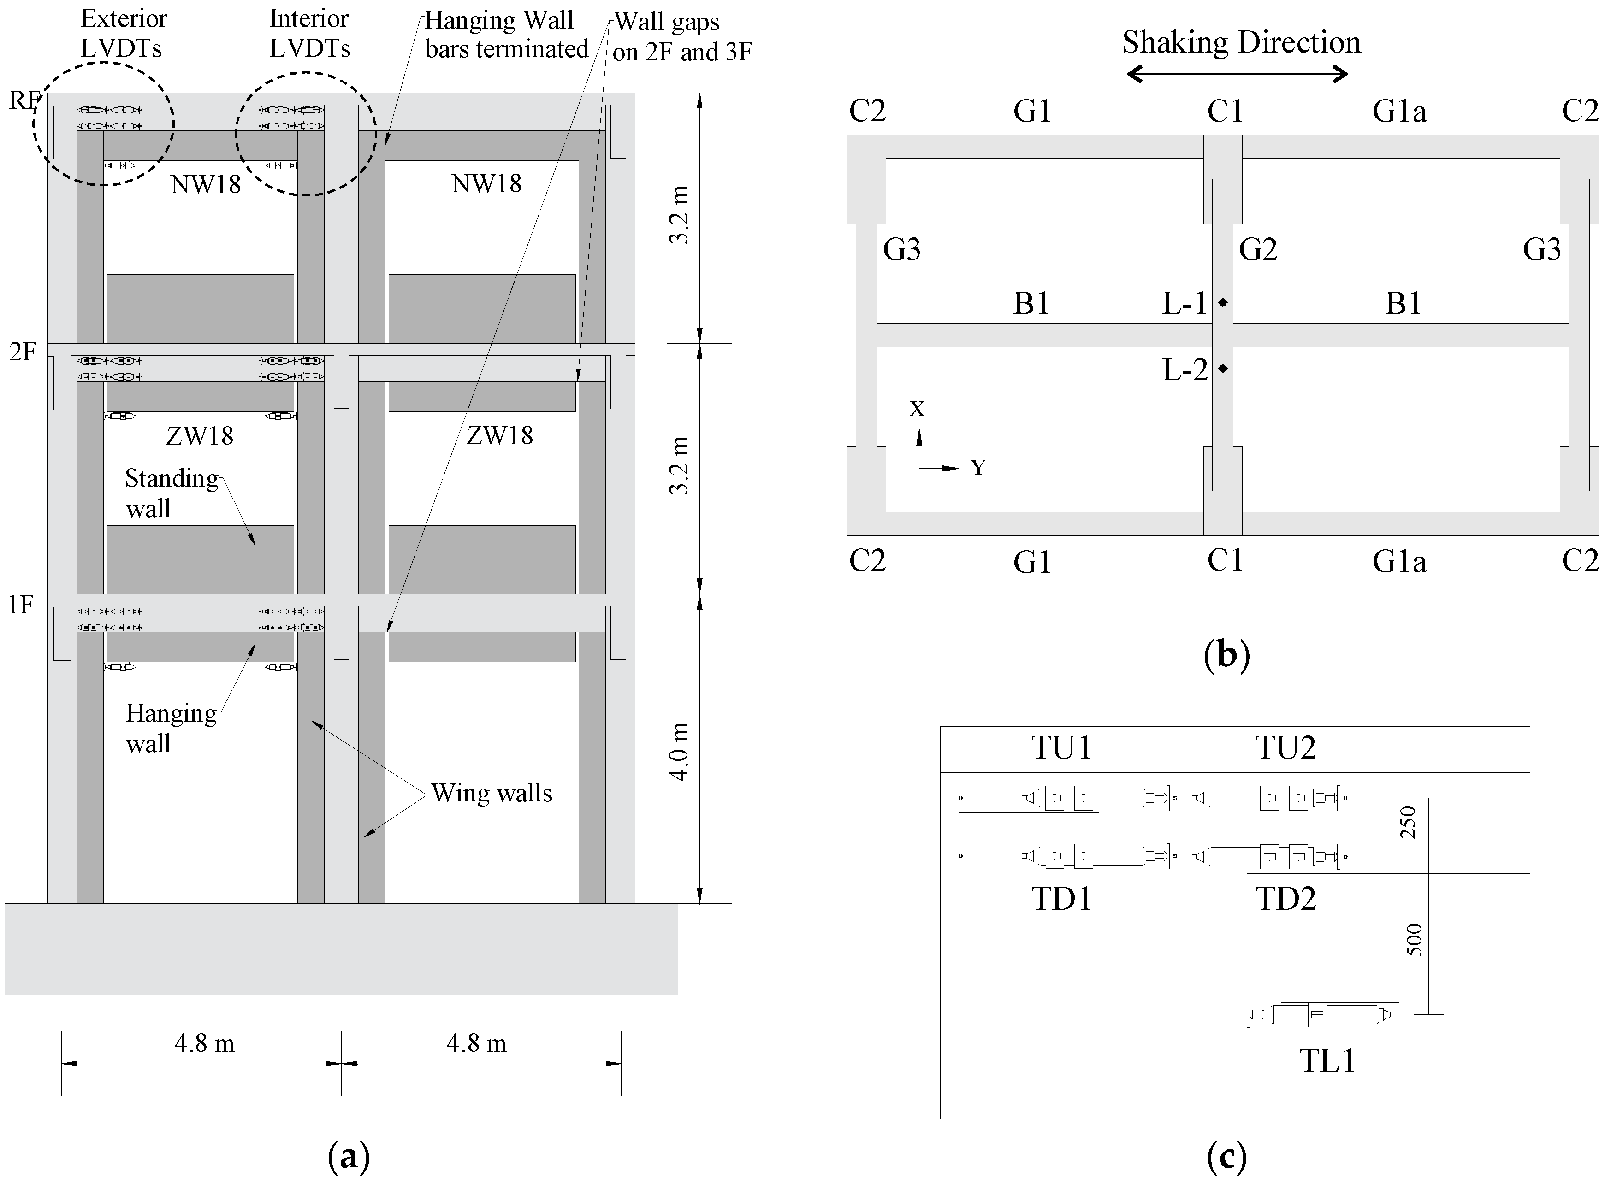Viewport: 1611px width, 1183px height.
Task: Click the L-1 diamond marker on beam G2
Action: [x=1223, y=303]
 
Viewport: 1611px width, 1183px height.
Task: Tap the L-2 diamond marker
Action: [x=1223, y=369]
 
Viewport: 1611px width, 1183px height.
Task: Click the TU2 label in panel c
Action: [x=1285, y=747]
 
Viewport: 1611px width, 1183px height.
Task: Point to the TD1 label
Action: [x=1061, y=899]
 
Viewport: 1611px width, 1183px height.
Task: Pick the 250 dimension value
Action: [x=1408, y=822]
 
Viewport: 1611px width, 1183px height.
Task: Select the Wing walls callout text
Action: [x=492, y=794]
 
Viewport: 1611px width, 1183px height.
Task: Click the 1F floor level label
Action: [x=21, y=606]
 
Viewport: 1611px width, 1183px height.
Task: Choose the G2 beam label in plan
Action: [x=1258, y=250]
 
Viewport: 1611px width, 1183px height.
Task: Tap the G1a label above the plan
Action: [x=1399, y=112]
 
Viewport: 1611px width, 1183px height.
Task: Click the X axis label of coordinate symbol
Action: [x=917, y=409]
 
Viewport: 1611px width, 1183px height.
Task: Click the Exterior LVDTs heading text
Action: [x=123, y=33]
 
